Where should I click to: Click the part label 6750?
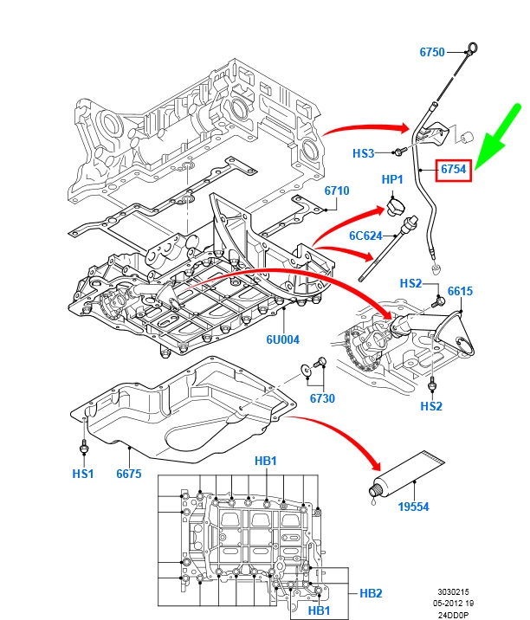tap(432, 52)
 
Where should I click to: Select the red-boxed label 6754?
tap(453, 170)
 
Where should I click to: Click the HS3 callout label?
tap(363, 153)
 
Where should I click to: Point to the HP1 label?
tap(392, 179)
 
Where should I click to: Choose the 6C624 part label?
tap(365, 236)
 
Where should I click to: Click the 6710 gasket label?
tap(337, 191)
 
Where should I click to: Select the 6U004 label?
tap(282, 339)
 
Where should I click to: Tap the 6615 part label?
tap(460, 291)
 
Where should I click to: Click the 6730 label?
tap(322, 398)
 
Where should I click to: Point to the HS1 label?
tap(82, 474)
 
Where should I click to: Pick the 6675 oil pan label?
tap(128, 474)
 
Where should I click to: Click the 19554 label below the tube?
tap(413, 507)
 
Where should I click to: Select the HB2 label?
tap(371, 593)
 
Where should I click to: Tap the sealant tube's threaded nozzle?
tap(374, 492)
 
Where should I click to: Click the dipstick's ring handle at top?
tap(473, 48)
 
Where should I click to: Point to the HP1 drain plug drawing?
tap(395, 207)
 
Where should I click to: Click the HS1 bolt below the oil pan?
tap(84, 447)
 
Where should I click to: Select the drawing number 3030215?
tap(453, 592)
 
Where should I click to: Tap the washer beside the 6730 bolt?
tap(306, 369)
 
